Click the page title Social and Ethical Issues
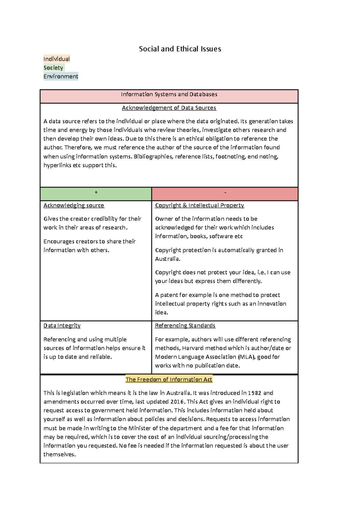[180, 49]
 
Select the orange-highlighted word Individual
[56, 59]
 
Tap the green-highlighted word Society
[53, 68]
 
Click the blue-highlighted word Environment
[61, 76]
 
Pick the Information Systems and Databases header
[169, 94]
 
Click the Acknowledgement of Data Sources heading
[169, 108]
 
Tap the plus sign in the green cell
[96, 192]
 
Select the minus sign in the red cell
[225, 192]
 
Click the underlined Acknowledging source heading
[74, 205]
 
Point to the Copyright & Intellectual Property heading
[199, 205]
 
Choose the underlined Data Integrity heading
[62, 326]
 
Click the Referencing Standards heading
[185, 326]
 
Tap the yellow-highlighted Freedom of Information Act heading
[169, 380]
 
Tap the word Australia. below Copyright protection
[168, 259]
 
